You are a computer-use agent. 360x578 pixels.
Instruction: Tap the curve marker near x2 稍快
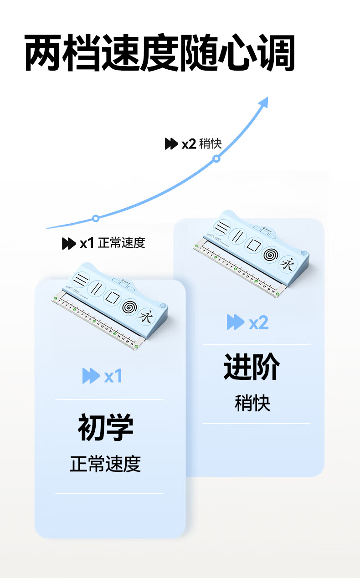point(216,159)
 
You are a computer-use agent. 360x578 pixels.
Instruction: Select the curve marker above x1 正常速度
point(96,218)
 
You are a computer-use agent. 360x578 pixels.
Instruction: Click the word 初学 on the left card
point(106,427)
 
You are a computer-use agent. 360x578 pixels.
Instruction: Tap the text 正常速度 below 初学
point(105,464)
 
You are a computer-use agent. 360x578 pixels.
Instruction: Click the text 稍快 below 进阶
point(252,403)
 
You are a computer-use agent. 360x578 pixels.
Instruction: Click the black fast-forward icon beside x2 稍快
point(171,144)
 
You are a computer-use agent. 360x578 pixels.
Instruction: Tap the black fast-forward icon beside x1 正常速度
point(68,244)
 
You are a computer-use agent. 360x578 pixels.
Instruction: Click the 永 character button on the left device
point(146,316)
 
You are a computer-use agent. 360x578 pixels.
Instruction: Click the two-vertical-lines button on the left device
point(96,288)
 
